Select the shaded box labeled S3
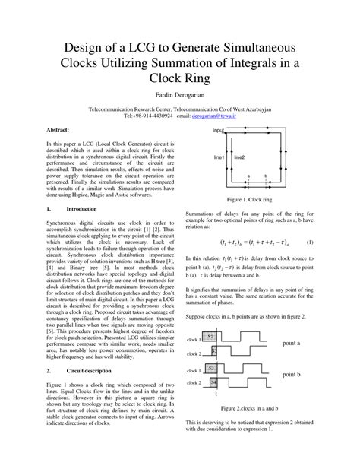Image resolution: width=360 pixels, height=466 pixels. (x=214, y=350)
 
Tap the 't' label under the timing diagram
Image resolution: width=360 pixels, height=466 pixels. (x=216, y=395)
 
